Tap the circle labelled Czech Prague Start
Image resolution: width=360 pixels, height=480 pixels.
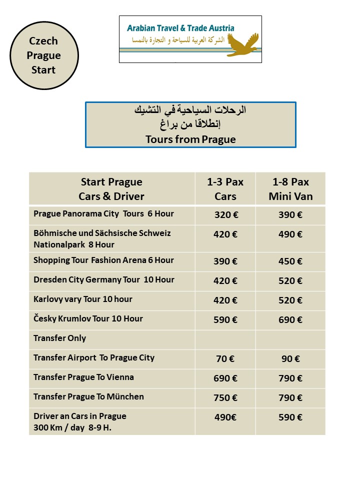(43, 55)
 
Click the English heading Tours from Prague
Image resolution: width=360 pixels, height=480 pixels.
(190, 139)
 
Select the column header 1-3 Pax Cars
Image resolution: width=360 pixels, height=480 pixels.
(225, 188)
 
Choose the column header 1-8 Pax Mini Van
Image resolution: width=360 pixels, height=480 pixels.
(290, 188)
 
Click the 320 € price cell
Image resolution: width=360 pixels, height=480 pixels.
(225, 215)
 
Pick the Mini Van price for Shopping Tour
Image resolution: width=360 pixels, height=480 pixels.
(290, 261)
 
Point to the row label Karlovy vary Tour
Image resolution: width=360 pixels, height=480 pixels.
(83, 299)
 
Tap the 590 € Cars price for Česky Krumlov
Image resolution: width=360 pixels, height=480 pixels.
(225, 320)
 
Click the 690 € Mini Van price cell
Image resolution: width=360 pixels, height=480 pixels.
(290, 320)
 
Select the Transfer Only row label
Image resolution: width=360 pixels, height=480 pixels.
(60, 338)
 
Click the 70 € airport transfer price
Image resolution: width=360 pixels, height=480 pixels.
(225, 359)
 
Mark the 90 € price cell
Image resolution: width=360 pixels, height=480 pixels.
(290, 359)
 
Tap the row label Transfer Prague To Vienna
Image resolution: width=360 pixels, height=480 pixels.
(83, 377)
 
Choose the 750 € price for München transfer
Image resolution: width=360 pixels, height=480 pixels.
(225, 398)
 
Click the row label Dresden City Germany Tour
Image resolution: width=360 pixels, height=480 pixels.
(104, 280)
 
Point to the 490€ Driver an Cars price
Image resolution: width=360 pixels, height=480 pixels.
(225, 417)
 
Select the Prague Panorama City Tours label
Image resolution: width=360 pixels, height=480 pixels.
(103, 214)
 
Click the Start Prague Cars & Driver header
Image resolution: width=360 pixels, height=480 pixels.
(111, 188)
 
